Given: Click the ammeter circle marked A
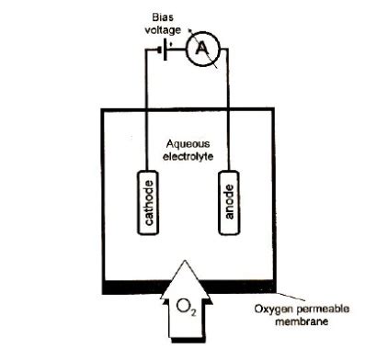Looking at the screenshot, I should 199,51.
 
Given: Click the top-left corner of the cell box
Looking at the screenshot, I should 100,109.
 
